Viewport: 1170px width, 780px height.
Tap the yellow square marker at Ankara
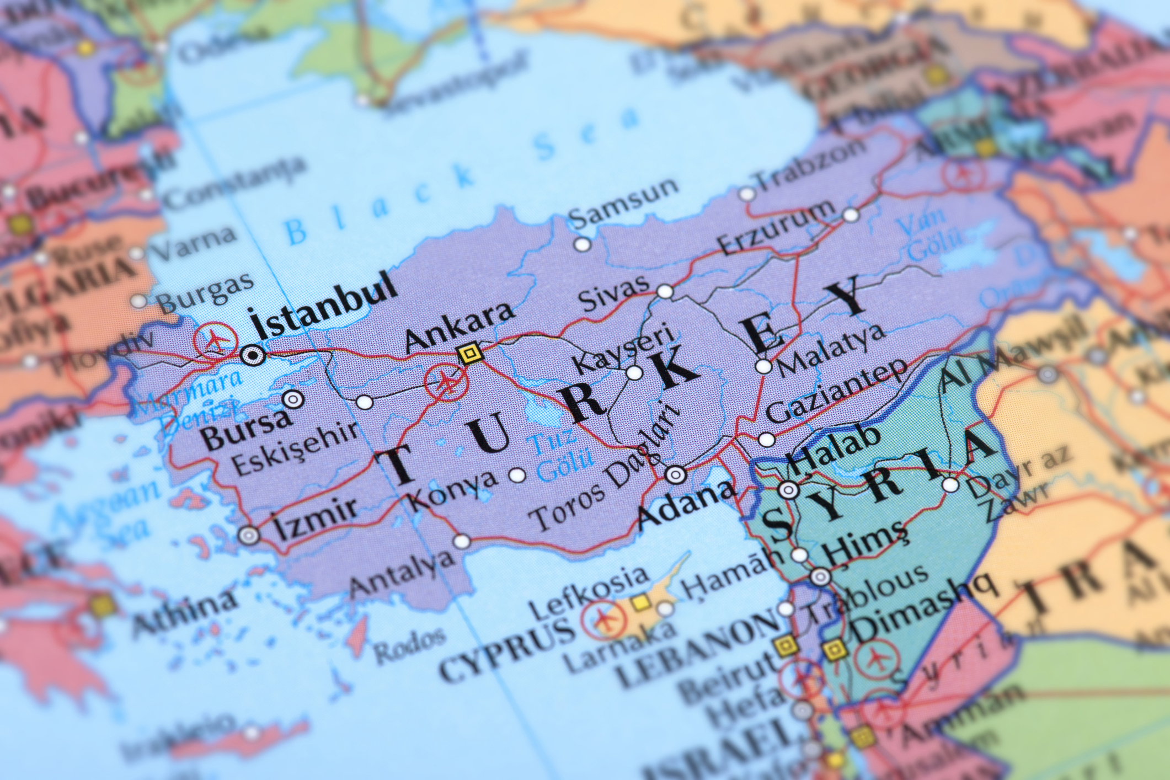click(x=469, y=352)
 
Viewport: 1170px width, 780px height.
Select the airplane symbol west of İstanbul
click(x=215, y=340)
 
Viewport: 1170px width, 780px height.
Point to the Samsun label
click(x=623, y=202)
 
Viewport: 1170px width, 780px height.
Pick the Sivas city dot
click(x=666, y=291)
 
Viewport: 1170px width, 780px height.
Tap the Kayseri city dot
click(x=634, y=373)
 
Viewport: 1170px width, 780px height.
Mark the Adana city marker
click(x=675, y=474)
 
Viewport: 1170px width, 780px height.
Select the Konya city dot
click(x=516, y=474)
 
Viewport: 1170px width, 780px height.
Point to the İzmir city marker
click(x=249, y=534)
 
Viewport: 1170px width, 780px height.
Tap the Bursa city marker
click(x=293, y=398)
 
